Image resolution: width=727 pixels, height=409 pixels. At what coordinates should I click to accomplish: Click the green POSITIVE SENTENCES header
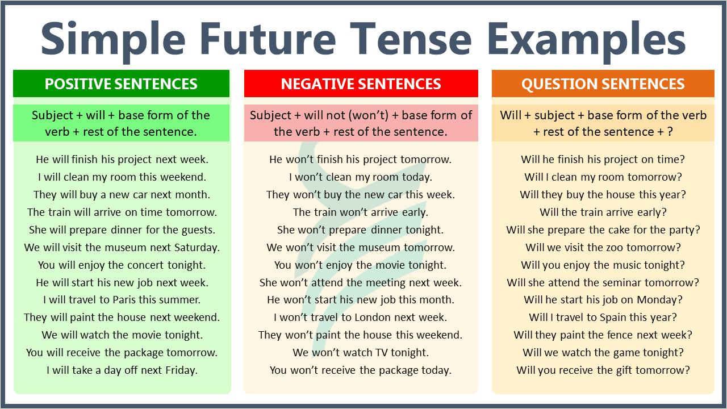point(121,84)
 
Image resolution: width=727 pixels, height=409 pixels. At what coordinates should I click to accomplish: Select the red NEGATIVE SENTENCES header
point(361,84)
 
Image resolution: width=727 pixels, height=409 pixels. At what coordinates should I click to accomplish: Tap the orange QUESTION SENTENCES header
point(603,84)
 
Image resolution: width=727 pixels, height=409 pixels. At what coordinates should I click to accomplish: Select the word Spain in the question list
point(612,318)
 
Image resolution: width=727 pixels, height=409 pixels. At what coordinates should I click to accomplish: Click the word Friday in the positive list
point(179,370)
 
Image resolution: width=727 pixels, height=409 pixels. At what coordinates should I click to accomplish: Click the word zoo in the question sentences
point(612,248)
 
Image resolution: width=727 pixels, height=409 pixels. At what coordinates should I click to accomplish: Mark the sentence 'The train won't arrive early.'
point(361,212)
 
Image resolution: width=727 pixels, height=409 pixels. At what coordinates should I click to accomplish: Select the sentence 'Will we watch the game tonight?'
point(603,353)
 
